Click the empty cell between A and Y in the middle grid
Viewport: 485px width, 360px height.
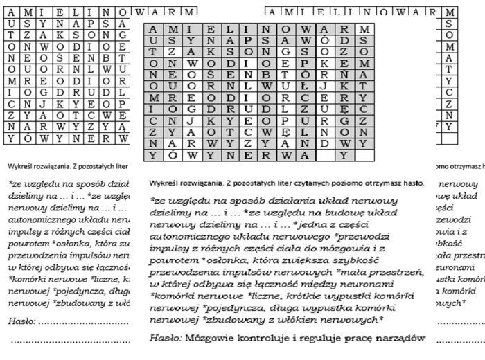tap(344, 156)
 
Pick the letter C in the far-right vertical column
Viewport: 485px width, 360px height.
tap(450, 91)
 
